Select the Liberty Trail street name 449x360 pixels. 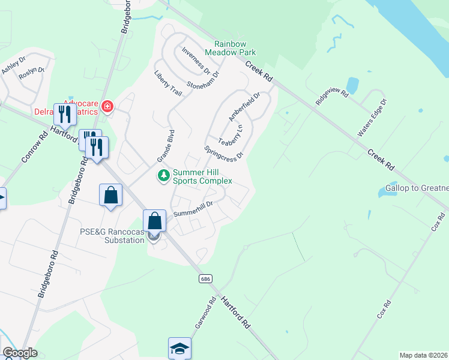click(168, 84)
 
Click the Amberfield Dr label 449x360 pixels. click(244, 106)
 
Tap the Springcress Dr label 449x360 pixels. click(224, 153)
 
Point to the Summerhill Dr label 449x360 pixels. click(193, 209)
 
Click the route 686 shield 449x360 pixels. click(206, 279)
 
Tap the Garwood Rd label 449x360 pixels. click(205, 314)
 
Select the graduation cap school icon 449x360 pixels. click(179, 349)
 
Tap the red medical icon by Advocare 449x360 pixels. click(108, 107)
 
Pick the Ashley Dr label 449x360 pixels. click(13, 65)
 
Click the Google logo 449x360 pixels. click(20, 353)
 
